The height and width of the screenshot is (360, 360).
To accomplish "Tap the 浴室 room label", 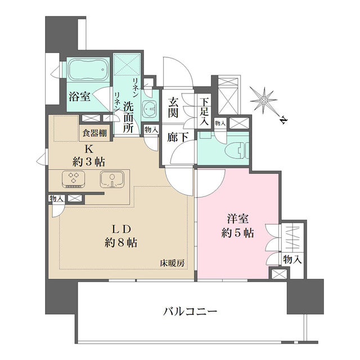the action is (79, 96).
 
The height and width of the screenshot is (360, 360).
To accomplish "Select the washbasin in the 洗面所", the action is (149, 109).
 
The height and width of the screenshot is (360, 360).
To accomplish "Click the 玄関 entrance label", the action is (173, 107).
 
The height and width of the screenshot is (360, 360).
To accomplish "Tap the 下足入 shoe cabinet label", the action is (204, 112).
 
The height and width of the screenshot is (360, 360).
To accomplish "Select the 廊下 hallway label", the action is (177, 137).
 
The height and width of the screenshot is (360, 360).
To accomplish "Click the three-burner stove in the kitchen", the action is (74, 179).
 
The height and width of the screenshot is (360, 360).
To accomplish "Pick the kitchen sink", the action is (112, 179).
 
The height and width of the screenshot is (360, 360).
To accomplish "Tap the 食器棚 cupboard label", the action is (94, 133).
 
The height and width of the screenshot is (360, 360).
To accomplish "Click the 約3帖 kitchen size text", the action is (89, 162).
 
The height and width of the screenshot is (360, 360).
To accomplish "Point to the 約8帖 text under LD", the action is (121, 242).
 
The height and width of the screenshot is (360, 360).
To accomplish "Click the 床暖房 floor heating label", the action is (172, 264).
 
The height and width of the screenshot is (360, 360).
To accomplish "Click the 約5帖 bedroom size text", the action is (237, 233).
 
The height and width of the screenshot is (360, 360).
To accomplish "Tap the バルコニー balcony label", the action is (190, 312).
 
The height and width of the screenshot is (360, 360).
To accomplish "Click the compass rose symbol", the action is (264, 100).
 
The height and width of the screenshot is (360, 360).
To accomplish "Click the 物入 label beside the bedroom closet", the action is (292, 260).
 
